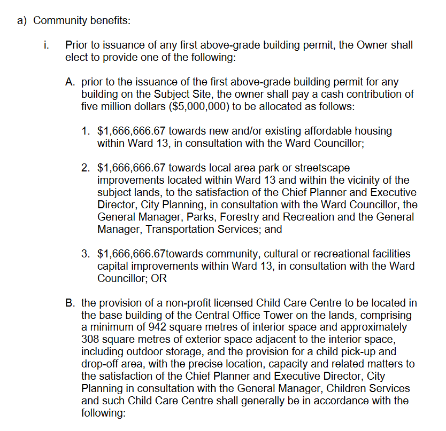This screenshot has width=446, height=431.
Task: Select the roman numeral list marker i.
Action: click(47, 45)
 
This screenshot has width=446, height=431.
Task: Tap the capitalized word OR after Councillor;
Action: click(159, 279)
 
